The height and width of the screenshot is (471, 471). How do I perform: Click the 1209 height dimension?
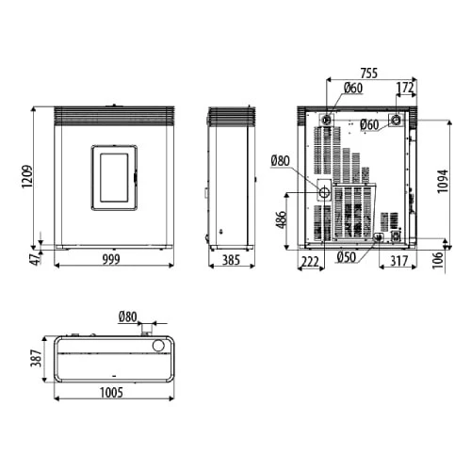(27, 176)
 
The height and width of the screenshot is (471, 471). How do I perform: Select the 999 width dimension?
(111, 260)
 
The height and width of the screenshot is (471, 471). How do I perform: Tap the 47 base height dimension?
(37, 258)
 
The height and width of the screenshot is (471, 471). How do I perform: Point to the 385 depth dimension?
(231, 260)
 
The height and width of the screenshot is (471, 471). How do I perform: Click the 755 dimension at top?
(369, 73)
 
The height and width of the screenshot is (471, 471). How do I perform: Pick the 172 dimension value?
(405, 88)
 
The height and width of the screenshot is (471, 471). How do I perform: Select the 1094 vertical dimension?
(443, 181)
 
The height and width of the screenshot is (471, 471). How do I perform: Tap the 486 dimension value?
(282, 219)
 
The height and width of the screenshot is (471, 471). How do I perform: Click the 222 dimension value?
(310, 261)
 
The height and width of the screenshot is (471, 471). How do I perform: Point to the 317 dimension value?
(399, 261)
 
